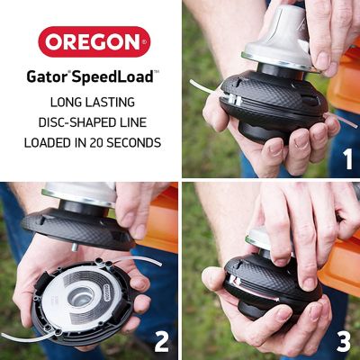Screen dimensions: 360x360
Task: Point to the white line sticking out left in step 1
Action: [x=202, y=87]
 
